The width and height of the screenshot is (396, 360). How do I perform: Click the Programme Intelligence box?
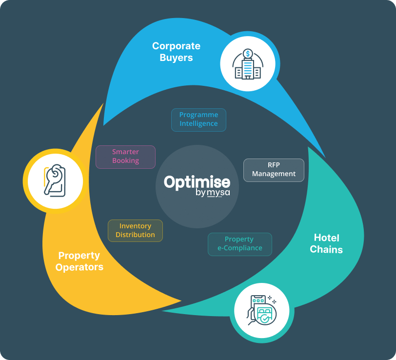[198, 120]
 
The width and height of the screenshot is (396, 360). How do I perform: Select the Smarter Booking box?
[125, 157]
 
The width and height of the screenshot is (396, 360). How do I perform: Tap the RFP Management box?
[274, 170]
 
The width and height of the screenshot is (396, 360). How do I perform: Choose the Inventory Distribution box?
[135, 230]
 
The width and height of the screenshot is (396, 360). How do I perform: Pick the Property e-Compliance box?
[239, 244]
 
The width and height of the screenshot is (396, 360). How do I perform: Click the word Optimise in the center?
[197, 182]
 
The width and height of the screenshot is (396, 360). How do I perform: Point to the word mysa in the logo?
[218, 193]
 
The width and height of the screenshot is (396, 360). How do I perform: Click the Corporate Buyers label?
[176, 52]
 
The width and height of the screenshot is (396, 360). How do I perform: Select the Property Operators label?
[79, 261]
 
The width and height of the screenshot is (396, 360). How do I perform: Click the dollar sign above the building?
[248, 53]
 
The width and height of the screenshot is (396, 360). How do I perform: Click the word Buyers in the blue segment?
[176, 58]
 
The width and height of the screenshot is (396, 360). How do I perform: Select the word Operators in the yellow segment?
[79, 267]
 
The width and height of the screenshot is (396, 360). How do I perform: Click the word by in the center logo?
[200, 194]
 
